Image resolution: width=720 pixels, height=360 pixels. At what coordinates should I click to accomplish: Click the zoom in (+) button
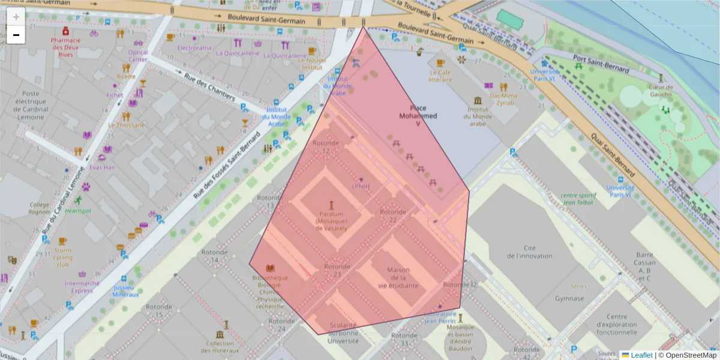coord(16,17)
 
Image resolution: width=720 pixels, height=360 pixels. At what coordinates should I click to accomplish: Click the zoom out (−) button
coord(16,35)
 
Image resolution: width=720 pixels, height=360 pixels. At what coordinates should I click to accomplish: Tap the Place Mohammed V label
coord(418,116)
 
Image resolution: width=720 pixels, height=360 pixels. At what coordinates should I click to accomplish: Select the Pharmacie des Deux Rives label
coord(65,47)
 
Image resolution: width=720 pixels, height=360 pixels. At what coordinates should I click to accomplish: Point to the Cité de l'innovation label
coord(529,251)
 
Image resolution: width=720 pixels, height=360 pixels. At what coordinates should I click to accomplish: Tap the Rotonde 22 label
coord(393,216)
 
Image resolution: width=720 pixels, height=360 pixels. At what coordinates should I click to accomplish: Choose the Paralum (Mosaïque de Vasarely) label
coord(331,220)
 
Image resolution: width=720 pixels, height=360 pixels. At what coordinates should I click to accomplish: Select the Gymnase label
coord(569,298)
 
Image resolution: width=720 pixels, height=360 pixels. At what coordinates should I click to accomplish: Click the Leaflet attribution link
coord(641,355)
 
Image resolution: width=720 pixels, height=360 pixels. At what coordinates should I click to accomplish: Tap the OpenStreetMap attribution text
coord(689,355)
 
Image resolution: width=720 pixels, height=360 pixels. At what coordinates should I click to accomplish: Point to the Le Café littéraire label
coord(440,76)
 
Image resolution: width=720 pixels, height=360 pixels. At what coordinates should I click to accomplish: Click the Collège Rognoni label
coord(40,208)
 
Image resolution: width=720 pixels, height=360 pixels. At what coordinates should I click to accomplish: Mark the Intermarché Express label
coord(79,287)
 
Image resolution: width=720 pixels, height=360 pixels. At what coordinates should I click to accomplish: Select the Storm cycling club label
coord(63,257)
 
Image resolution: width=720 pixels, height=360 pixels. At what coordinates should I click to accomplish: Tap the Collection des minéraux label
coord(220,347)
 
